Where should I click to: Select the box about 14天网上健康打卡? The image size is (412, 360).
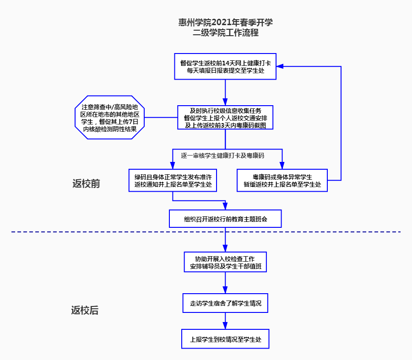click(225, 67)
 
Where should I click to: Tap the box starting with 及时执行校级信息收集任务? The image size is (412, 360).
click(225, 118)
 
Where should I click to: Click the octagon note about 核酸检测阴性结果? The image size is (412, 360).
click(109, 118)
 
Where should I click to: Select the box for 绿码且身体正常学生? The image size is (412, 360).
click(173, 180)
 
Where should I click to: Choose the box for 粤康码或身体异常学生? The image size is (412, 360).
click(282, 180)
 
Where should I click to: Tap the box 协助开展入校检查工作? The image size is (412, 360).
click(225, 263)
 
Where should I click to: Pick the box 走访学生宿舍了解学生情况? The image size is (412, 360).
click(225, 303)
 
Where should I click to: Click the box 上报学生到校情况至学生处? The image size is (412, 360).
click(225, 340)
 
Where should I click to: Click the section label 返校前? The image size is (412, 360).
click(86, 184)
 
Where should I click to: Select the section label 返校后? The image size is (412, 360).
click(85, 311)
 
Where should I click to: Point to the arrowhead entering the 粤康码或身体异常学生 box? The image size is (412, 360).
click(282, 166)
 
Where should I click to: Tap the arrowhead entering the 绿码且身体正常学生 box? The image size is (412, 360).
click(173, 166)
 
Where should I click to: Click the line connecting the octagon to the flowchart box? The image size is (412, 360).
click(161, 118)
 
